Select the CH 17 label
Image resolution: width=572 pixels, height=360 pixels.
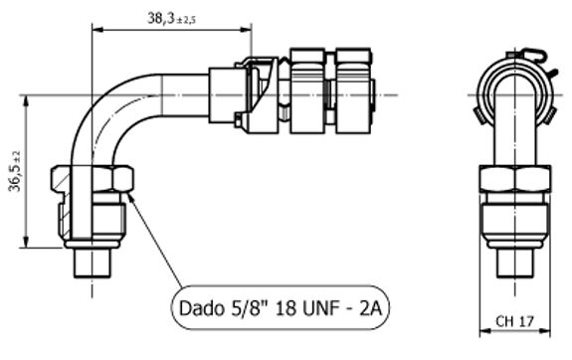tap(514, 321)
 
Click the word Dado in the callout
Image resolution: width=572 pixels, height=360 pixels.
tap(201, 308)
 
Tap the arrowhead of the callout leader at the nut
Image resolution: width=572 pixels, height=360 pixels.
tap(130, 197)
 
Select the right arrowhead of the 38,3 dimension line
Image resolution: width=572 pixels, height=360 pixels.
tap(247, 29)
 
